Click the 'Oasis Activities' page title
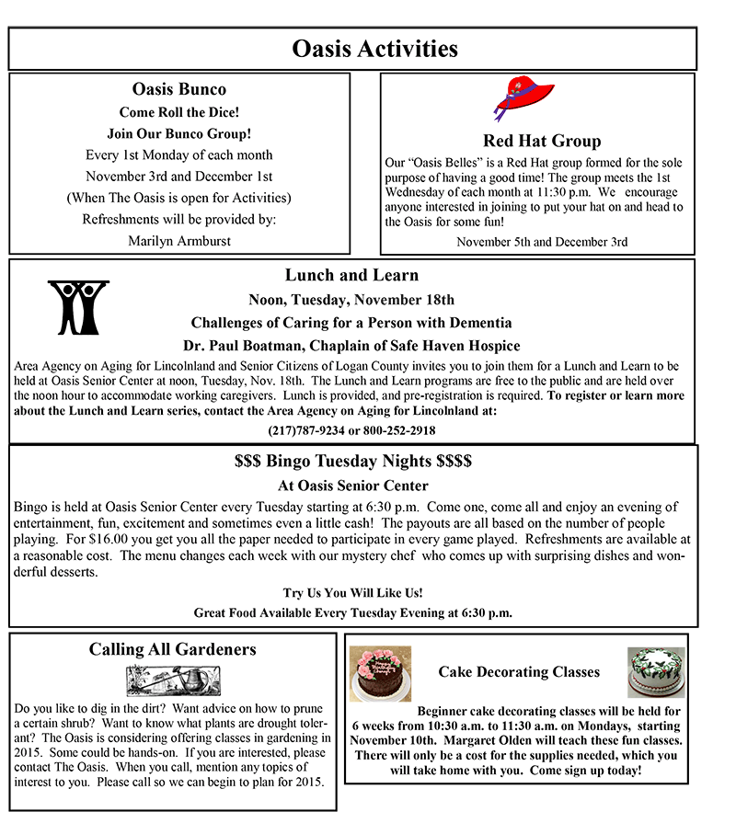[374, 48]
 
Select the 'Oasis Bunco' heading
[179, 89]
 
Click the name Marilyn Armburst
[179, 241]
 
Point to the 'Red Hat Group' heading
[541, 141]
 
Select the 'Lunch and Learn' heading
[351, 275]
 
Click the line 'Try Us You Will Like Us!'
[353, 593]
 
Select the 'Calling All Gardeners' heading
[172, 649]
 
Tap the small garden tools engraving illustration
[172, 681]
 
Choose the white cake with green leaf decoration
[656, 672]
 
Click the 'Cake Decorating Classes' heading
[519, 672]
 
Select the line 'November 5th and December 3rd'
[542, 242]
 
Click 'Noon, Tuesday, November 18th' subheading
[351, 300]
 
